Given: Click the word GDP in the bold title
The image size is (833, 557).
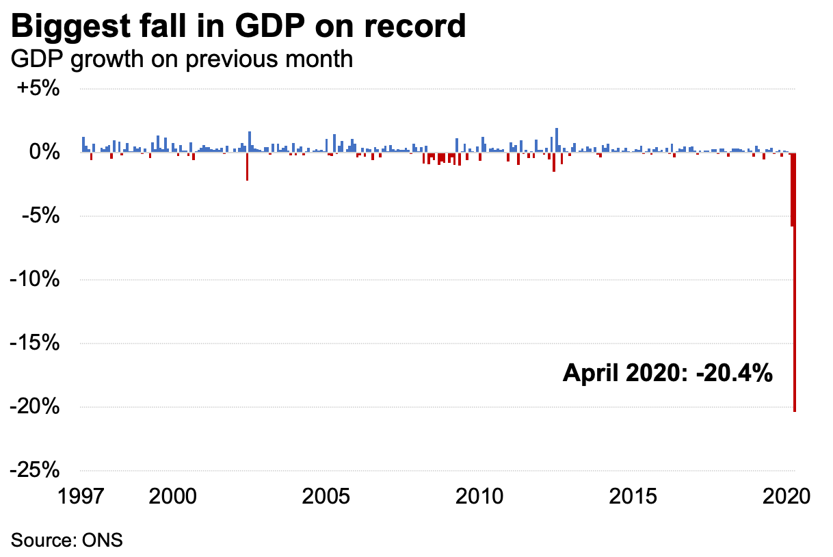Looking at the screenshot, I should [x=259, y=27].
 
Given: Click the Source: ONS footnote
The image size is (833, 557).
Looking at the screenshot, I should [x=66, y=539].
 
